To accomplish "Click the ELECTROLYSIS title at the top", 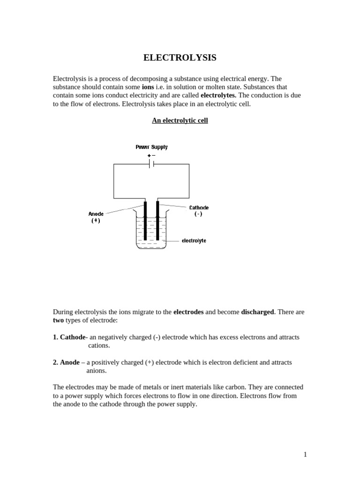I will (x=180, y=58).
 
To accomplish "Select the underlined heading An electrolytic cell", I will (x=180, y=120).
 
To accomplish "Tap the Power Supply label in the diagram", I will (x=151, y=147).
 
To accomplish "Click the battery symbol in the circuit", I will (x=151, y=164).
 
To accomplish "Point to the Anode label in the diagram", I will (x=96, y=214).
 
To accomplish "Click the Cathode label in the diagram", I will (x=199, y=208).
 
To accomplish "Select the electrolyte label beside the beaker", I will (x=194, y=240).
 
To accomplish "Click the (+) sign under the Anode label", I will (x=96, y=220).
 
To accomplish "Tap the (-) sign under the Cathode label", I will (x=198, y=214).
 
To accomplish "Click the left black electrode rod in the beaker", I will (x=145, y=220).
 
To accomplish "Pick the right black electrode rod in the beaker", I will (x=157, y=220).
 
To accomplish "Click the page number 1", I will (x=305, y=454).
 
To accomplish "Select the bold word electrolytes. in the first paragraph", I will (x=218, y=95).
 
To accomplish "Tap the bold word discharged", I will (x=257, y=312).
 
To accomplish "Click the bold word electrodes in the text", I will (x=188, y=312).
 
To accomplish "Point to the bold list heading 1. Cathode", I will (x=69, y=337).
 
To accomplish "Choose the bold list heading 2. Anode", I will (x=66, y=362).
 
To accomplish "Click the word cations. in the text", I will (x=99, y=345).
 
